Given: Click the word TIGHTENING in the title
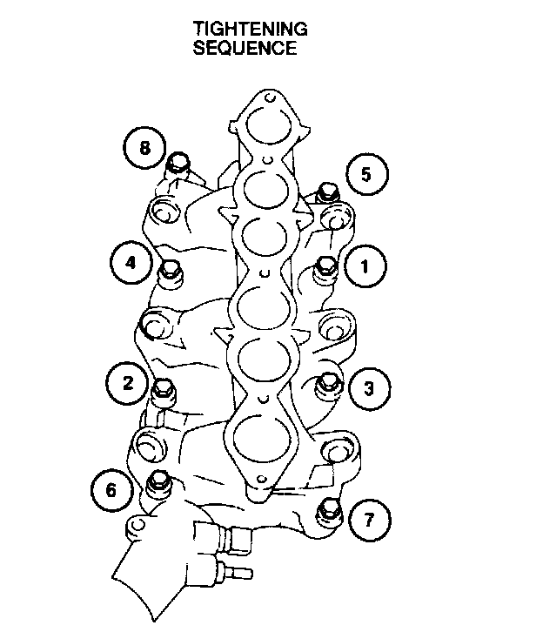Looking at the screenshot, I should (250, 30).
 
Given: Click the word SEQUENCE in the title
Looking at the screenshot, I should (245, 49).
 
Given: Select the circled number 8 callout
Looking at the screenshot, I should (144, 148).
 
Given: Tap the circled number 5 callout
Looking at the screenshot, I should (365, 174).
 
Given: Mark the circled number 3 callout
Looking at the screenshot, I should (368, 388).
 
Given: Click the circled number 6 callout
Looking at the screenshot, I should (111, 490).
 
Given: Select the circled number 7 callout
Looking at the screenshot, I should (369, 521).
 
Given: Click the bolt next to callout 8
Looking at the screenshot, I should (180, 163).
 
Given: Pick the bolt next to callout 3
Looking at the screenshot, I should (328, 382).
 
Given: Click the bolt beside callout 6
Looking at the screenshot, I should (158, 481).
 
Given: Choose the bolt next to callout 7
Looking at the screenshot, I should (328, 509).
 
